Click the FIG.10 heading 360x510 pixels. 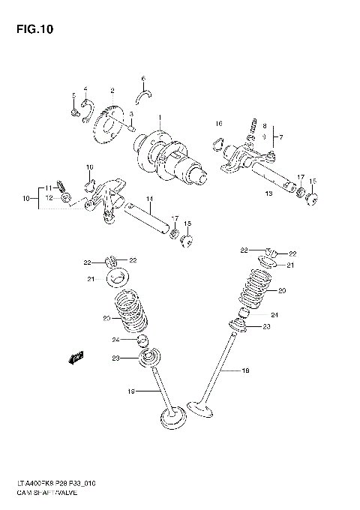(31, 30)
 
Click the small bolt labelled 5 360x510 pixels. (74, 112)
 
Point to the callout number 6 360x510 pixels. (142, 78)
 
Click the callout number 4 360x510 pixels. (85, 88)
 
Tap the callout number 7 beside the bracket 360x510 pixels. (280, 137)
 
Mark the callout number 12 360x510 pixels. (49, 198)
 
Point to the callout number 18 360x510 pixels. (244, 370)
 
